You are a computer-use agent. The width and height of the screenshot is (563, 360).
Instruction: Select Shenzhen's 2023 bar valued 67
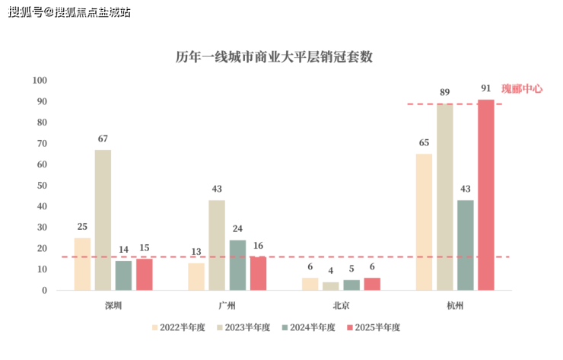click(x=103, y=220)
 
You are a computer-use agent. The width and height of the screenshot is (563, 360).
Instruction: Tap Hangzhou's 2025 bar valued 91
click(x=485, y=195)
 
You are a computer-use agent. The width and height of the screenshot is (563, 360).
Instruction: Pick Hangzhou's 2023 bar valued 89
click(x=444, y=197)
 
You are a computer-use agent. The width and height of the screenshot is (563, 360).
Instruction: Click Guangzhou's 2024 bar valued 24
click(x=237, y=265)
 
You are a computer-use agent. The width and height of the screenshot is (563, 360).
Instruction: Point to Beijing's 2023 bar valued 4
click(x=331, y=286)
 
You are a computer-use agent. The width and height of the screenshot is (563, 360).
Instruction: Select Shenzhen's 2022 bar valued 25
click(x=82, y=264)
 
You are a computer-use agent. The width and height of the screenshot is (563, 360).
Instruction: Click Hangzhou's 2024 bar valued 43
click(x=465, y=245)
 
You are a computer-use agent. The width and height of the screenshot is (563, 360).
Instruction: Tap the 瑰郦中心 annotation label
click(x=522, y=89)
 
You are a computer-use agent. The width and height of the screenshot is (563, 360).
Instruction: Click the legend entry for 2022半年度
click(x=178, y=327)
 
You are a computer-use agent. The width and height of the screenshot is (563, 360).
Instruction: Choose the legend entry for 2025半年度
click(x=373, y=327)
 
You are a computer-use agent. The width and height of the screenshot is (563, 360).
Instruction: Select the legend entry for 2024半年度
click(x=308, y=327)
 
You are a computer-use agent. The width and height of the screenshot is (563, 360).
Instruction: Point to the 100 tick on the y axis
click(x=40, y=81)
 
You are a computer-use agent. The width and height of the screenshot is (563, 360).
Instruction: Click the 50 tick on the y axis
click(x=43, y=186)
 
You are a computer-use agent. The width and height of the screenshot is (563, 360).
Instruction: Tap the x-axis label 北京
click(x=341, y=306)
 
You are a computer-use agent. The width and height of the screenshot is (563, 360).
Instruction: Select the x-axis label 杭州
click(x=455, y=306)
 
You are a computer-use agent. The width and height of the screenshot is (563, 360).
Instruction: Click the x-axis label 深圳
click(x=113, y=306)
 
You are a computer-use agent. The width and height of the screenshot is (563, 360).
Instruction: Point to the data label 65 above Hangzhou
click(x=424, y=142)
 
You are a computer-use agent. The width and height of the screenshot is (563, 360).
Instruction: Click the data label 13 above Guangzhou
click(x=196, y=252)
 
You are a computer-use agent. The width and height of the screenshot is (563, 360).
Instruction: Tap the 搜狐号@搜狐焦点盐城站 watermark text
click(x=69, y=12)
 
